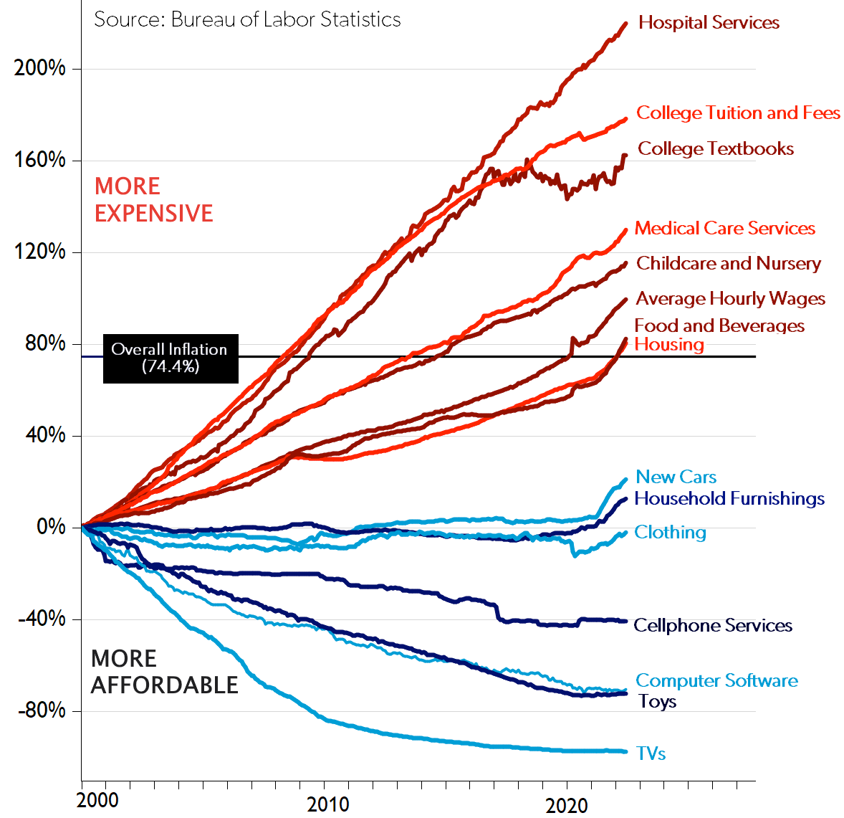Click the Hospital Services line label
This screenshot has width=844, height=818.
tap(709, 23)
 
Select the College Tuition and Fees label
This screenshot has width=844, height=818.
tap(738, 113)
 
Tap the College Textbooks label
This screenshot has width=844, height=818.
tap(716, 149)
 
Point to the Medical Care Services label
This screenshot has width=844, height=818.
tap(725, 229)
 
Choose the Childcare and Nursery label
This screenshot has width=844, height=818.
tap(729, 264)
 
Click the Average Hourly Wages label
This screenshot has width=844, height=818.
tap(731, 299)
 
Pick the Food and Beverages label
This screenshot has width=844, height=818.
tap(719, 326)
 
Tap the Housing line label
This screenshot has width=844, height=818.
tap(669, 345)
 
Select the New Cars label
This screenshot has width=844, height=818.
tap(676, 477)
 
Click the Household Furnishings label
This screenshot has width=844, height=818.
tap(729, 499)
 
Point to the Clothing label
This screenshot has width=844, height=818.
tap(670, 533)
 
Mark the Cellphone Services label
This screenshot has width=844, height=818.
tap(713, 626)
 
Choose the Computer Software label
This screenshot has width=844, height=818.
tap(716, 681)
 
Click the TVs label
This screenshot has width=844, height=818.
tap(651, 754)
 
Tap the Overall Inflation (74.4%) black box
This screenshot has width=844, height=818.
tap(170, 358)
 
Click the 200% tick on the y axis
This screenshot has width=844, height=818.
tap(40, 69)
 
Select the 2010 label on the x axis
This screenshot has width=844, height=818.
tap(328, 804)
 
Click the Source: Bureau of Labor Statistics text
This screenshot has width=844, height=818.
tap(247, 19)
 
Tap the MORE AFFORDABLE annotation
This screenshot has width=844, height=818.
tap(164, 672)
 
